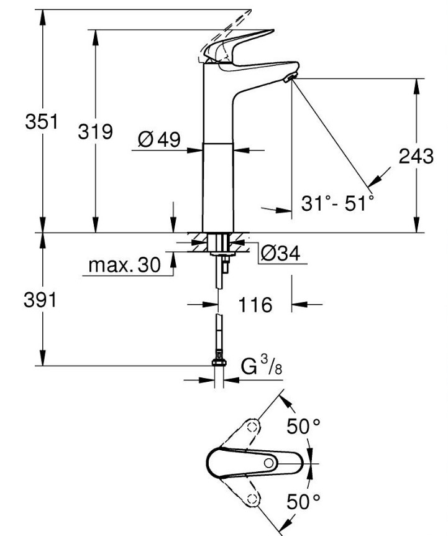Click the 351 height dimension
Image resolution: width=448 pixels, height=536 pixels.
point(42,122)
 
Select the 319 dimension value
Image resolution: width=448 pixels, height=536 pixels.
point(95,132)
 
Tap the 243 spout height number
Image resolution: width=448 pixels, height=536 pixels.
point(416,156)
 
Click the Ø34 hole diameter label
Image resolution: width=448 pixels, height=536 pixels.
point(281,253)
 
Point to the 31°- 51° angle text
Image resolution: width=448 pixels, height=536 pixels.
point(337,203)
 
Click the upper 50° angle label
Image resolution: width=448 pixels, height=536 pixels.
point(304,427)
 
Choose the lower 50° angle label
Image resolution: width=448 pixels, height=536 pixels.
point(304,501)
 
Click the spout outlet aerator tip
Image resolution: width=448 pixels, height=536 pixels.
point(290,78)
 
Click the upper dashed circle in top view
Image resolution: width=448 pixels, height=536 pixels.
point(252,427)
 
